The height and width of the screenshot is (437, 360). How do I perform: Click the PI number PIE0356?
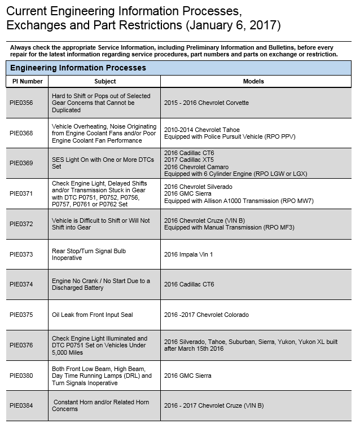[x=21, y=103]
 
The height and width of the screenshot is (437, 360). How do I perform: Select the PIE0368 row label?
[x=21, y=133]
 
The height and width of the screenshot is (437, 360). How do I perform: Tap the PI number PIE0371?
[x=21, y=193]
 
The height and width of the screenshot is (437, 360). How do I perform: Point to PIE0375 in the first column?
[x=21, y=315]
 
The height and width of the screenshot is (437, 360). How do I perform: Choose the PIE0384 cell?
[x=21, y=405]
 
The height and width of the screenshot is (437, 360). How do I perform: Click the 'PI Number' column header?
[x=28, y=81]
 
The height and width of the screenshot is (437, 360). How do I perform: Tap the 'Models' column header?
[x=253, y=81]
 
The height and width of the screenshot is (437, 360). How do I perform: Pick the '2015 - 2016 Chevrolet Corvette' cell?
[x=206, y=103]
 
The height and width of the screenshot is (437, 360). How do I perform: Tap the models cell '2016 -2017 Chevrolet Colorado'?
[x=206, y=315]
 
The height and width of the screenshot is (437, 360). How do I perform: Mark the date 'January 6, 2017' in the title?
[x=232, y=26]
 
